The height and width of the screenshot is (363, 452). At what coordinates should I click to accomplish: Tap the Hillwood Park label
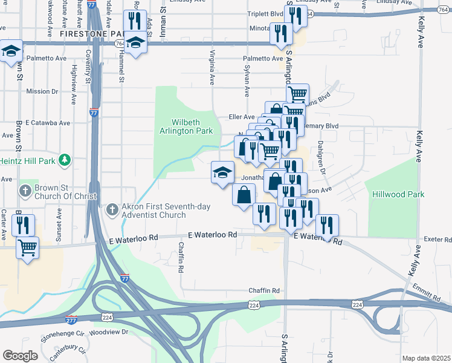399,194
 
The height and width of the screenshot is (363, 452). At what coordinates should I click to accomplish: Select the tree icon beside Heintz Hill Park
70,160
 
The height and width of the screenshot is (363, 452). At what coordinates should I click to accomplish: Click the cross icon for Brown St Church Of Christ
25,192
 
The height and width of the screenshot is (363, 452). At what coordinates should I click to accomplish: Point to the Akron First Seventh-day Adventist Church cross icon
111,209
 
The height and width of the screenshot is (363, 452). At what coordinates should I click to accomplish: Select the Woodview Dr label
109,332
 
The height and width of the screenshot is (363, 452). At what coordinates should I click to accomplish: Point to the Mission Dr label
42,91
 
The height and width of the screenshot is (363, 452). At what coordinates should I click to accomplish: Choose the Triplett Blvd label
265,14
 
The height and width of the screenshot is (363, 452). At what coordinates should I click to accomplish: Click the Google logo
20,355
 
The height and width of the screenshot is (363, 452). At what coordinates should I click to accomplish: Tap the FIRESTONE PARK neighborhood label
91,34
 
